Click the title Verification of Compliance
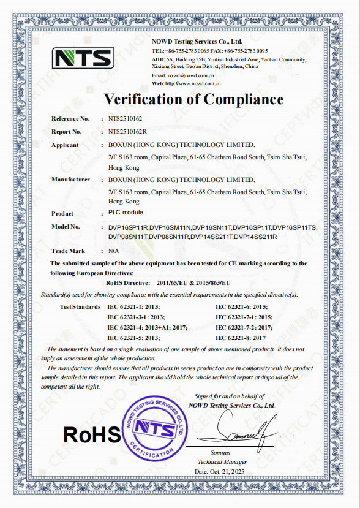(193, 99)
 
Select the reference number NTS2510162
(125, 119)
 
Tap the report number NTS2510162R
(127, 132)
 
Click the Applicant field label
(66, 145)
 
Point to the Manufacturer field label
(70, 180)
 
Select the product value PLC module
(126, 213)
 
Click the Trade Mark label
(69, 251)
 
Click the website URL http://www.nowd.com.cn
(193, 83)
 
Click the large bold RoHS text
(92, 435)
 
